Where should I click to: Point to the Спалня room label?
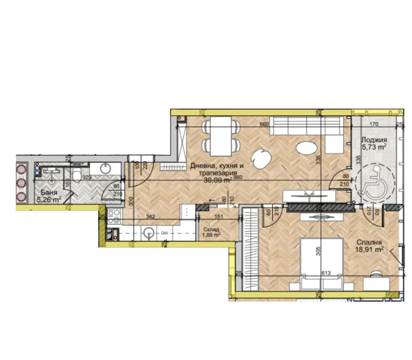(368, 242)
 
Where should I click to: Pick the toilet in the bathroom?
(77, 173)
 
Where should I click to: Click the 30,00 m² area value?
(216, 180)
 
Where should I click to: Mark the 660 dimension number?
(264, 125)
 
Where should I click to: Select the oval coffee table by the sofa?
(306, 148)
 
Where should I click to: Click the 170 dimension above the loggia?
(374, 125)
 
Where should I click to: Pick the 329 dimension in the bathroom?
(86, 177)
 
